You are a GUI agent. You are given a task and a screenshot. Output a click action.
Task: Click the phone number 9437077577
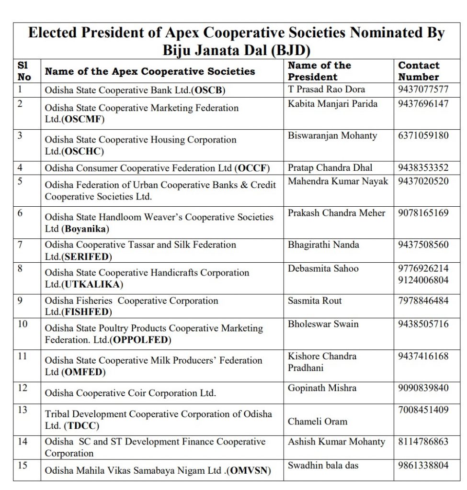pos(423,89)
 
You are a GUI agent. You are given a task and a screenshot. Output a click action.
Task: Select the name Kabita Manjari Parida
pos(332,104)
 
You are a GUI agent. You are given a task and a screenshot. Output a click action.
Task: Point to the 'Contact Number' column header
pos(419,71)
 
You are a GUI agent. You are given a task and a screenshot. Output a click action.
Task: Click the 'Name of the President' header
pos(319,71)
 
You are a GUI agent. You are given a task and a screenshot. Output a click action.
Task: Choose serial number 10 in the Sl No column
pos(23,324)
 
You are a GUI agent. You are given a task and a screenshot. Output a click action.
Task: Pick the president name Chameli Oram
pos(318,422)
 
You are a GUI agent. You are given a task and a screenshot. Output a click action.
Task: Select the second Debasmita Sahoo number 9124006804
pos(423,280)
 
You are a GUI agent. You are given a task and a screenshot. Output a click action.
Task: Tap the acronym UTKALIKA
pos(92,284)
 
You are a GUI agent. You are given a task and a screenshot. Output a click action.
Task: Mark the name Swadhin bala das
pos(323,465)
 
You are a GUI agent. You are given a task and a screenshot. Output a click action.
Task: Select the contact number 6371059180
pos(423,135)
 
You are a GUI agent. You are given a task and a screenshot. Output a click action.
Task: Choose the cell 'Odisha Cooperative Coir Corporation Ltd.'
pos(130,393)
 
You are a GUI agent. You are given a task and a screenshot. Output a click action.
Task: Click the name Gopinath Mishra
pos(322,388)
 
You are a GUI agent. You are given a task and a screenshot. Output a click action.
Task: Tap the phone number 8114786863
pos(423,442)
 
